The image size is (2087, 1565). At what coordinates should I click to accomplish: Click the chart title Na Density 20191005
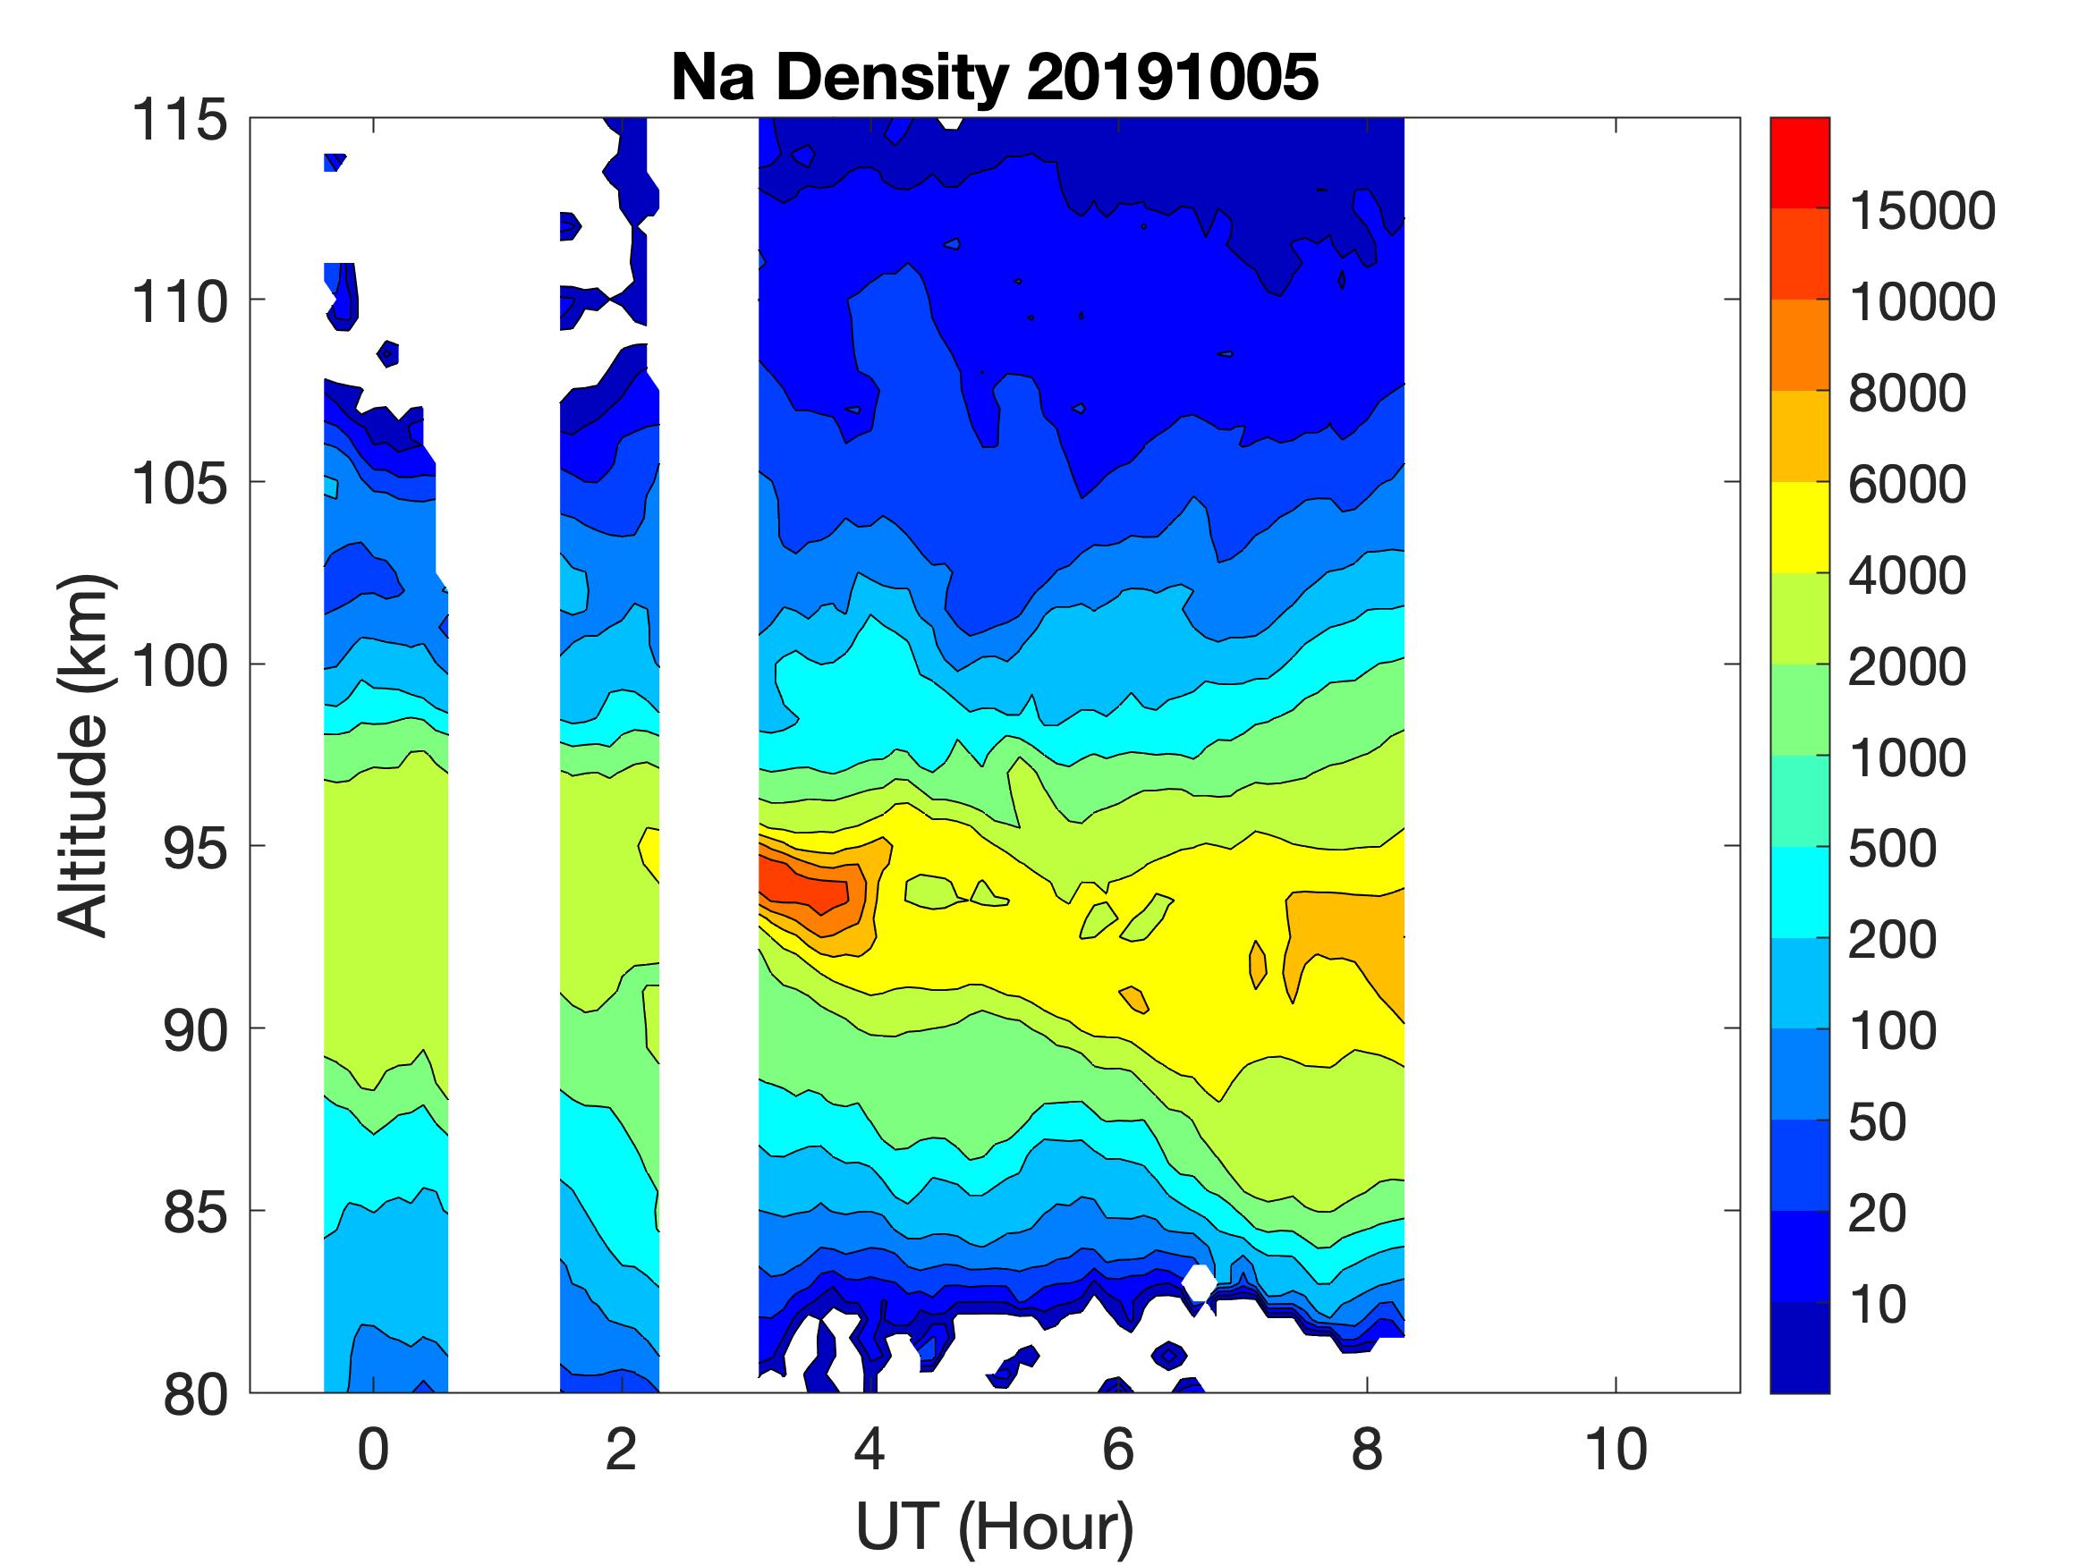994,77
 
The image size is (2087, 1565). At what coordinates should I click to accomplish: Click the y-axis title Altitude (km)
84,755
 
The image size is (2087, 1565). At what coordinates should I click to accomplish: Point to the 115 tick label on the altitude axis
179,121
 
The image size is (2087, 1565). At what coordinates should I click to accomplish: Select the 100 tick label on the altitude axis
179,665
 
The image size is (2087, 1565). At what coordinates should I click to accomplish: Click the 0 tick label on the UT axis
373,1450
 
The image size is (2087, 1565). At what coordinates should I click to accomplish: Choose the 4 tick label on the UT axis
869,1450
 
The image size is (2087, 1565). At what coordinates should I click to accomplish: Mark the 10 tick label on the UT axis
1616,1450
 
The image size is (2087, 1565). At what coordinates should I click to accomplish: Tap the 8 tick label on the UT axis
1366,1450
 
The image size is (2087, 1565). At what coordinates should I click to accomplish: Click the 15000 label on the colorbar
1921,210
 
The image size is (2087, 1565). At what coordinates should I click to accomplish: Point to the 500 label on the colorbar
1892,849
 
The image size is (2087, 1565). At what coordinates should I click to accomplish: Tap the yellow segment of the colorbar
1799,529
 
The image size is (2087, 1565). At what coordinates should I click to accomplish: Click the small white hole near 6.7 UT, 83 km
1200,1282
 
